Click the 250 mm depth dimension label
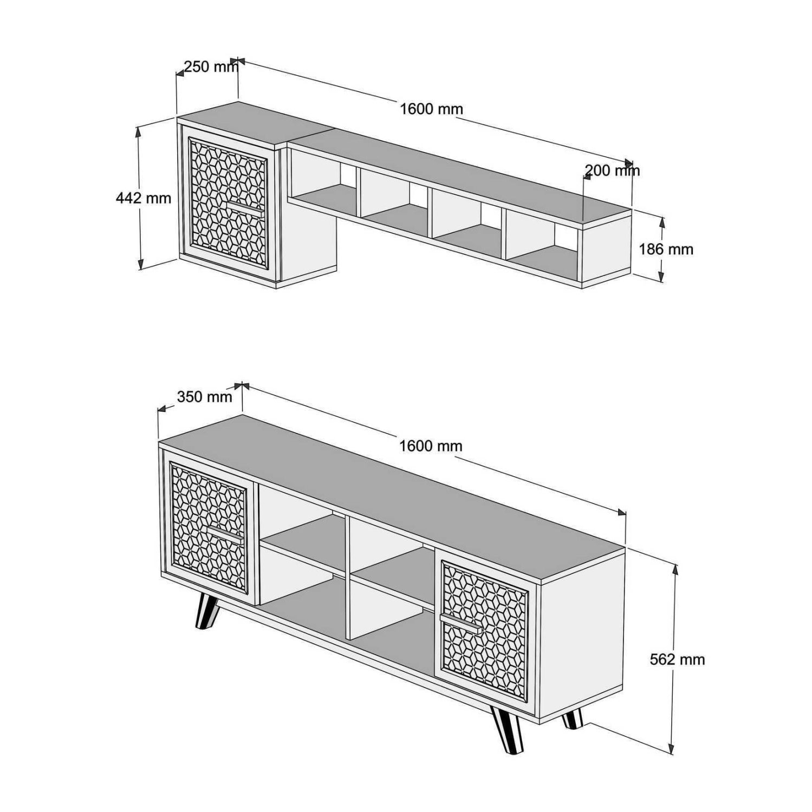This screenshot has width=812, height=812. [210, 67]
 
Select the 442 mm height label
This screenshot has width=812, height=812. [144, 198]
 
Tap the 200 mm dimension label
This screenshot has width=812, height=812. [612, 171]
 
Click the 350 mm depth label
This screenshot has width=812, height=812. [204, 397]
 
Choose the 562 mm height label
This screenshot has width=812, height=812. [677, 659]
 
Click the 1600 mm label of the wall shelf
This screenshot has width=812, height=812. [431, 109]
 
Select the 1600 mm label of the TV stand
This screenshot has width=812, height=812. [431, 446]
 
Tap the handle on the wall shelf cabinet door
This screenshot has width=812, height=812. [244, 209]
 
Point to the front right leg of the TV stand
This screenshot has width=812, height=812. [508, 730]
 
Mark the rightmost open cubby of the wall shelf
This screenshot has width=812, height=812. [542, 244]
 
